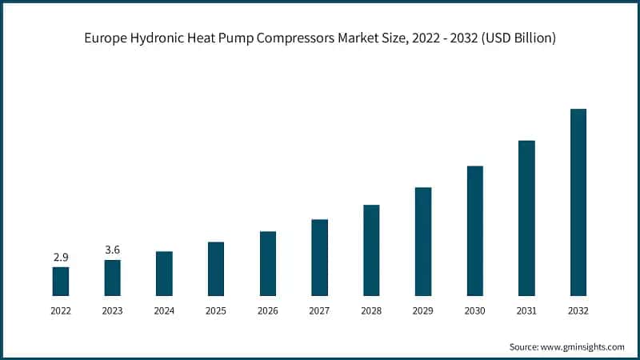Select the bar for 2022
[x=61, y=282]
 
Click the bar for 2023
[x=113, y=278]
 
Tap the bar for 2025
[x=216, y=269]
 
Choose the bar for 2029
[x=423, y=242]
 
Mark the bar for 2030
[x=474, y=231]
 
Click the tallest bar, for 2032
[x=578, y=202]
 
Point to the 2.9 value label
[x=61, y=257]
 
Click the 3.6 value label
[x=113, y=250]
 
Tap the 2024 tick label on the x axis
[x=164, y=310]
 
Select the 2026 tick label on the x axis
[x=268, y=310]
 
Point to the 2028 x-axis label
[x=371, y=310]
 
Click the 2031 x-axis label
[x=526, y=310]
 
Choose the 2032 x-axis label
[x=578, y=310]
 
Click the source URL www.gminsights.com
[x=583, y=347]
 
